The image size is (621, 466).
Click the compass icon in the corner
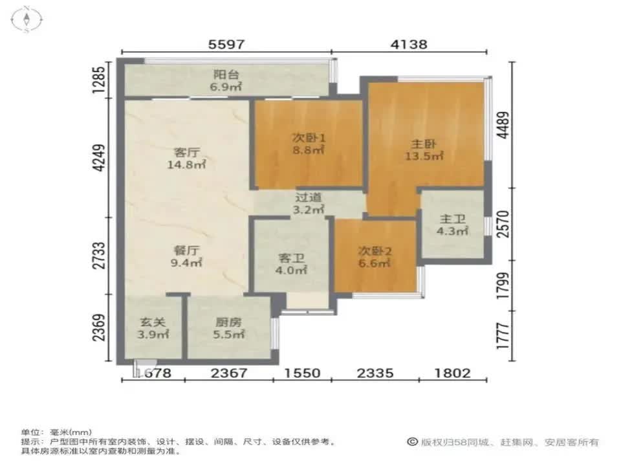click(x=27, y=19)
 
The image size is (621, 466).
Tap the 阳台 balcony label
click(x=226, y=74)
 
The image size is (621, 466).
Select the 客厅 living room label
click(x=186, y=153)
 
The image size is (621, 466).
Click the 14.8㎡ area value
click(x=186, y=165)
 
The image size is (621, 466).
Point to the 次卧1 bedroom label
click(x=308, y=138)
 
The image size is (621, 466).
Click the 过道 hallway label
click(x=308, y=197)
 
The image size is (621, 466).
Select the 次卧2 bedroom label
click(x=375, y=251)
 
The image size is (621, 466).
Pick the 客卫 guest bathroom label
click(x=291, y=258)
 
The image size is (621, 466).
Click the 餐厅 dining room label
click(x=186, y=250)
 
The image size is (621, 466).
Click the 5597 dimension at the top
click(x=226, y=45)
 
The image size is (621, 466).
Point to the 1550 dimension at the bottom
click(x=302, y=373)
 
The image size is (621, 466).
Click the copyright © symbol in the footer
click(x=411, y=442)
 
